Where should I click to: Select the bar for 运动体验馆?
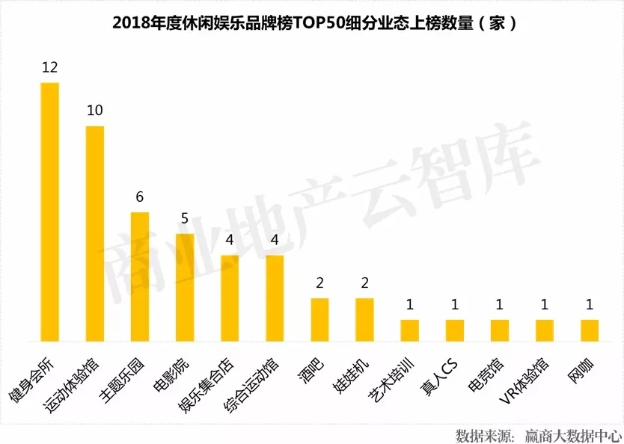pos(94,233)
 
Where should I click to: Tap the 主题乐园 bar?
pos(140,277)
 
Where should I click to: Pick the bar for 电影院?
pos(185,287)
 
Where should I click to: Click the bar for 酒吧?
pos(319,319)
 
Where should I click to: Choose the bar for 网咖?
pos(590,330)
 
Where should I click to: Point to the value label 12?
pos(49,68)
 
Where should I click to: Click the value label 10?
pos(94,111)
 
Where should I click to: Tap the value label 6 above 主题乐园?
pos(140,197)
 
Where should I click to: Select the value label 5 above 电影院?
pos(185,219)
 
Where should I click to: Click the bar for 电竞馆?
pos(500,330)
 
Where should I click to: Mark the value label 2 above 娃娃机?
pos(364,283)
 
